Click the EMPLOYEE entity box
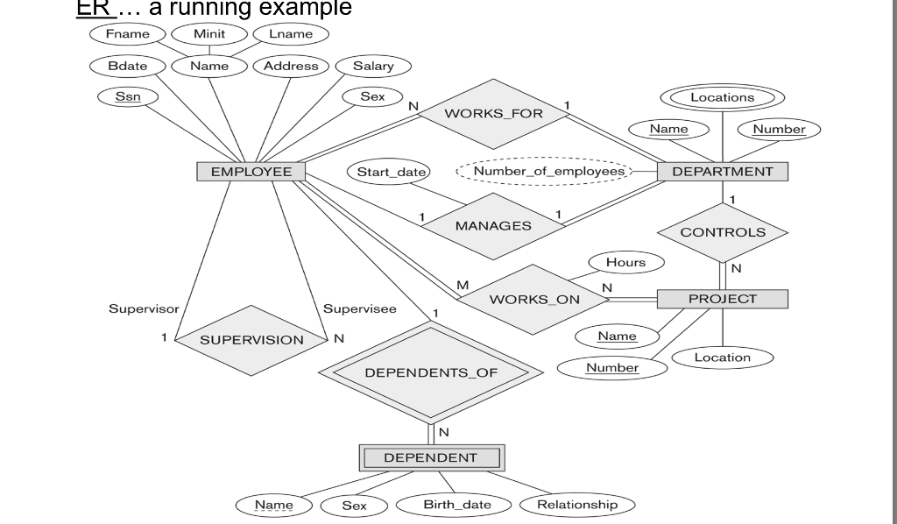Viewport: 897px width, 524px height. pyautogui.click(x=251, y=172)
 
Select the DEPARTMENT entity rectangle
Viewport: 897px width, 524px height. pyautogui.click(x=722, y=172)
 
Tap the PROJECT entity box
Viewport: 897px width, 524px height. pyautogui.click(x=722, y=299)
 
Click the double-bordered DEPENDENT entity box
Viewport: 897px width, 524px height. pyautogui.click(x=430, y=457)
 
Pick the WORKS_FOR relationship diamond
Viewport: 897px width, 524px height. pyautogui.click(x=493, y=114)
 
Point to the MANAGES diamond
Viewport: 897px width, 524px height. pyautogui.click(x=492, y=225)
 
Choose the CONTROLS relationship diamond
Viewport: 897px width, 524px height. pyautogui.click(x=722, y=232)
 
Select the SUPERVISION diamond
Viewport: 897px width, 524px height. pyautogui.click(x=251, y=340)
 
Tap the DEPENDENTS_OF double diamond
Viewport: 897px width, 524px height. pyautogui.click(x=430, y=372)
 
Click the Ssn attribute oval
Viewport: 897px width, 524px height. pyautogui.click(x=128, y=97)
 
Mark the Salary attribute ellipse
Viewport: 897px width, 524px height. pyautogui.click(x=373, y=66)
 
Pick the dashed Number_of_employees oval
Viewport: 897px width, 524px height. pyautogui.click(x=542, y=171)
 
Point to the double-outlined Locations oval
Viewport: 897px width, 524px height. pyautogui.click(x=722, y=97)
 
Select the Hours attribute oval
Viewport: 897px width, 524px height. pyautogui.click(x=625, y=262)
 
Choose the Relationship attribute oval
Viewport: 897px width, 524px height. pyautogui.click(x=576, y=505)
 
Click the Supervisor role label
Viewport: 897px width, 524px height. pyautogui.click(x=143, y=309)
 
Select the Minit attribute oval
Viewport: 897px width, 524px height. pyautogui.click(x=209, y=34)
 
